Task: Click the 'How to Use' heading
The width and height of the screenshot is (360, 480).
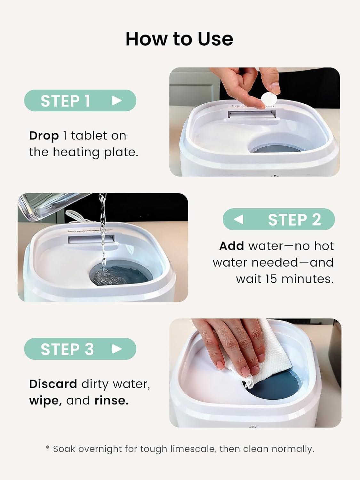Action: point(180,39)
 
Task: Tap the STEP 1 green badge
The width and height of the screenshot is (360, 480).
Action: point(80,100)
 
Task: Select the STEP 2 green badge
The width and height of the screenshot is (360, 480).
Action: point(279,219)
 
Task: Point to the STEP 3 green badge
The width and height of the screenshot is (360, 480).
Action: point(80,349)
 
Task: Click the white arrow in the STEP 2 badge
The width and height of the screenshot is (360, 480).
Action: point(239,219)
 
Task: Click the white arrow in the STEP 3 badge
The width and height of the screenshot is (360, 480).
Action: point(117,349)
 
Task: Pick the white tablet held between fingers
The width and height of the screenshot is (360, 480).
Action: point(270,100)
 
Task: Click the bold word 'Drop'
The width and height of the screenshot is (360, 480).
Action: point(44,136)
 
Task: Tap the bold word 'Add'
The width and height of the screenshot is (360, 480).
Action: point(231,246)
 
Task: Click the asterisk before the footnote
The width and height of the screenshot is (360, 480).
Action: point(48,447)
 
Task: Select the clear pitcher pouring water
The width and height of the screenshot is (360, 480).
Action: point(55,205)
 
